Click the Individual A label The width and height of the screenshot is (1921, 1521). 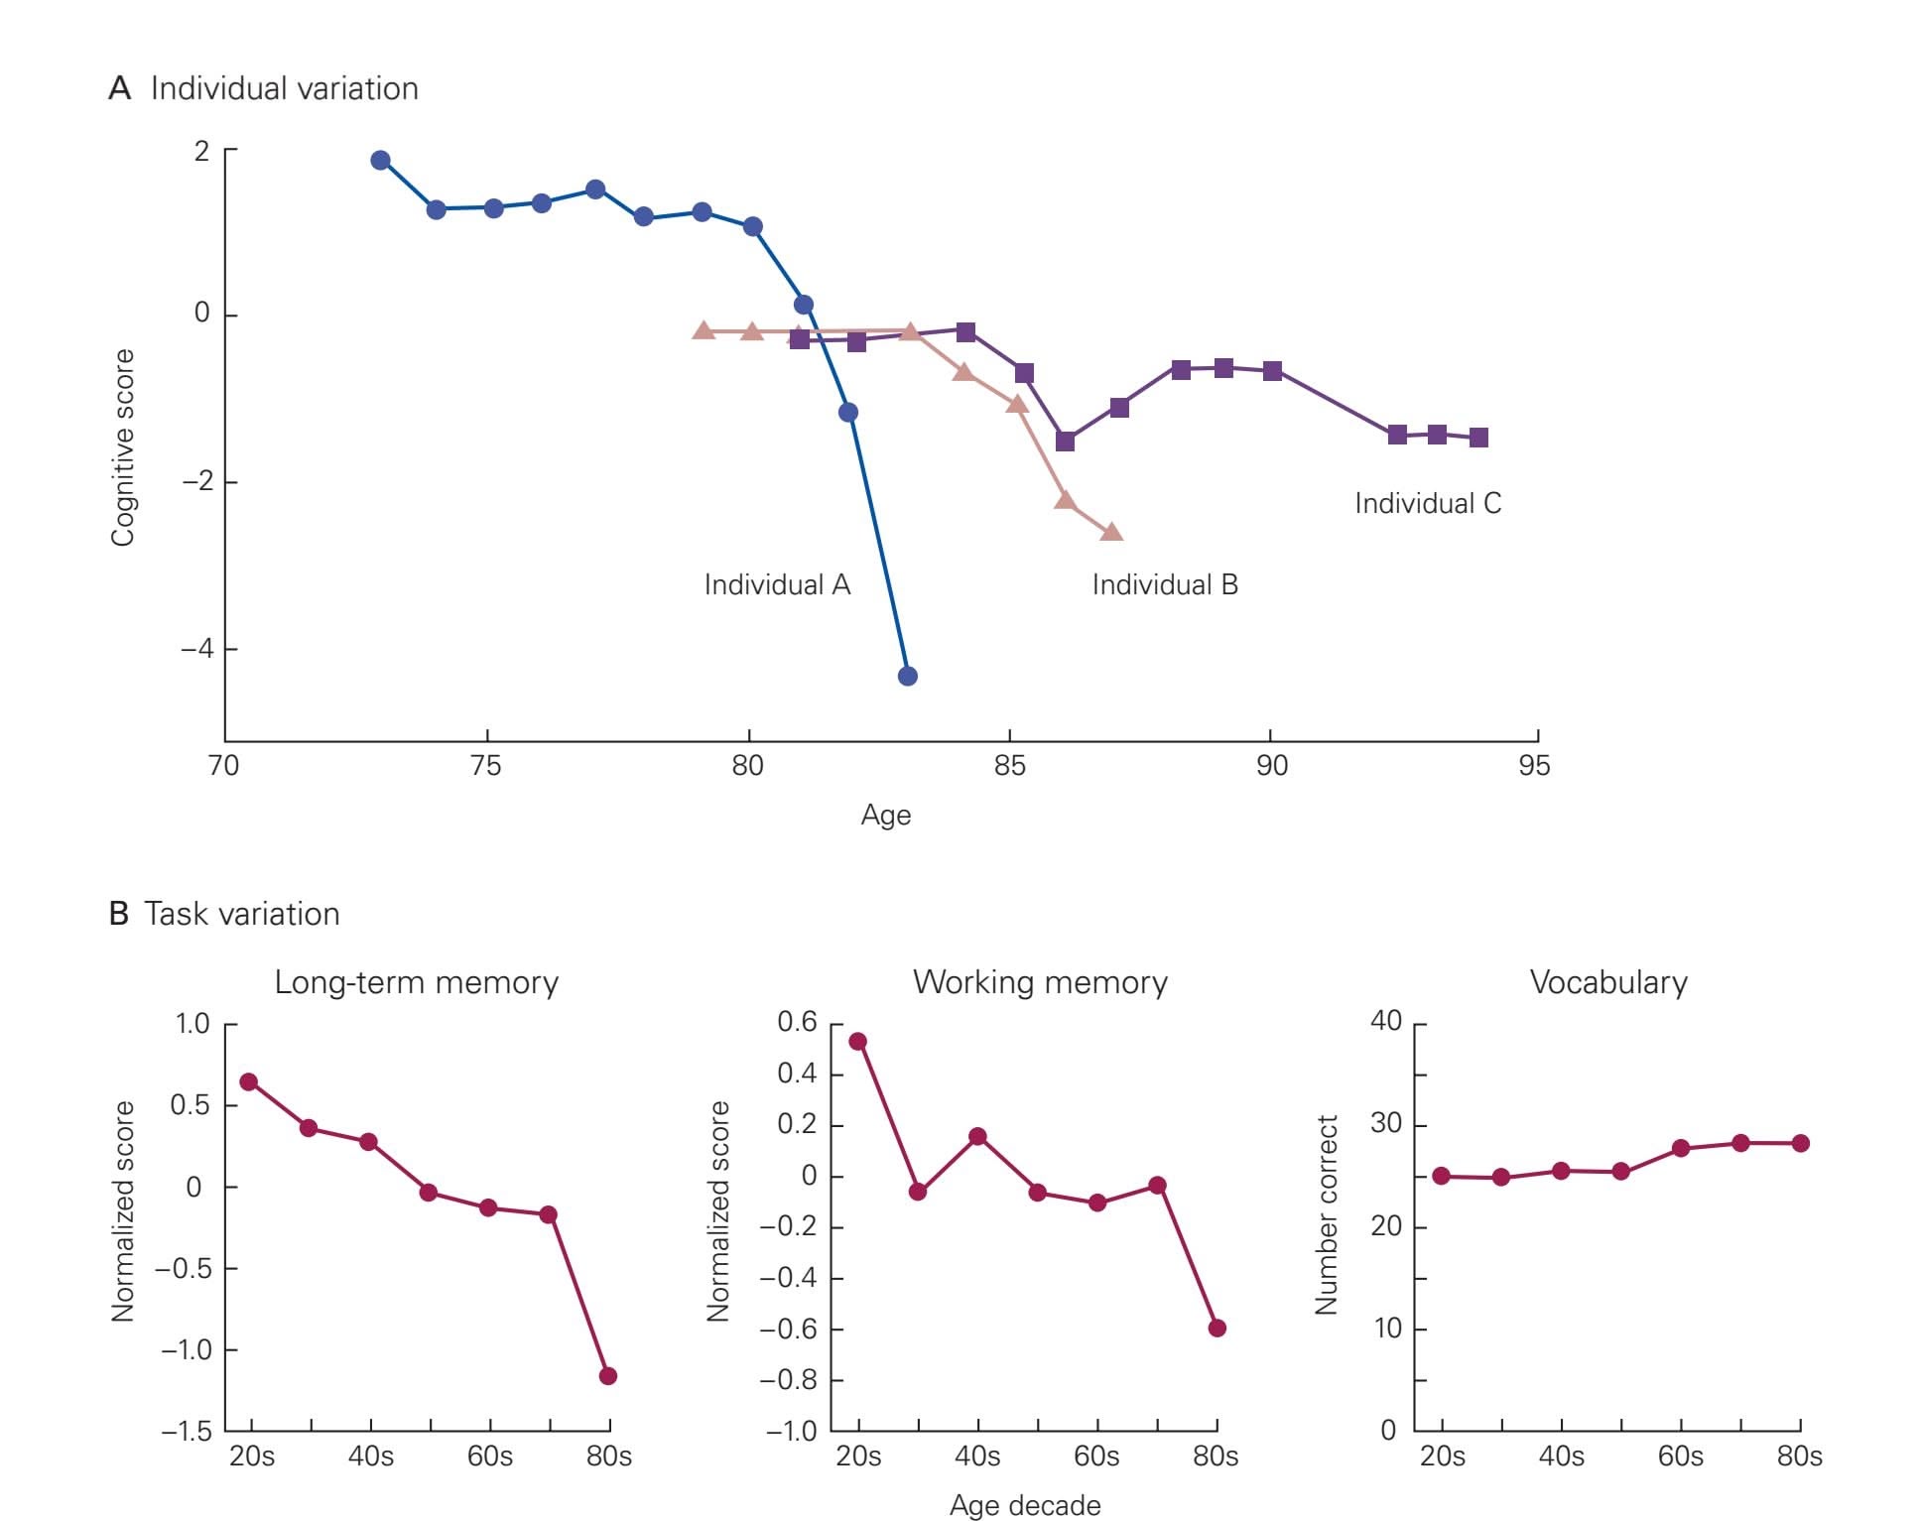pyautogui.click(x=777, y=585)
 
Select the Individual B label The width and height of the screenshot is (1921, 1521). pyautogui.click(x=1165, y=585)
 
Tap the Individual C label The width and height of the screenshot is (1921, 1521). pyautogui.click(x=1428, y=504)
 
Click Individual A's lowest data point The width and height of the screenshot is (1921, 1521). pyautogui.click(x=907, y=677)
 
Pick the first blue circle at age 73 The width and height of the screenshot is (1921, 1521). pyautogui.click(x=381, y=161)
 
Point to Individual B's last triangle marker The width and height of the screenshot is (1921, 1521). pyautogui.click(x=1111, y=533)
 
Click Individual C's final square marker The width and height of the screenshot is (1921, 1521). pyautogui.click(x=1478, y=438)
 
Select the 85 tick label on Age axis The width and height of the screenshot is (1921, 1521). pyautogui.click(x=1009, y=766)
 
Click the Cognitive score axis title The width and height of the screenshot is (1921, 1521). pyautogui.click(x=122, y=447)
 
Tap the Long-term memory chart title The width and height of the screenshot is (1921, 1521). pyautogui.click(x=416, y=982)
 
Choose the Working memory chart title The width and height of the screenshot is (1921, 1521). pyautogui.click(x=1040, y=982)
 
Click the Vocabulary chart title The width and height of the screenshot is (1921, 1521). pyautogui.click(x=1608, y=982)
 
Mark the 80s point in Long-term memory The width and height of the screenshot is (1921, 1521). pyautogui.click(x=608, y=1376)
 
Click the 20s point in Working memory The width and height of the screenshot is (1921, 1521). pyautogui.click(x=858, y=1042)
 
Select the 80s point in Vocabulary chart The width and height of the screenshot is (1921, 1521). pyautogui.click(x=1801, y=1143)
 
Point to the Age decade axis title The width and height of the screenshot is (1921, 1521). pyautogui.click(x=1025, y=1505)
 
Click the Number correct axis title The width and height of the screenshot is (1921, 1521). pyautogui.click(x=1327, y=1215)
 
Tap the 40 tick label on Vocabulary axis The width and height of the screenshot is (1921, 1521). pyautogui.click(x=1386, y=1021)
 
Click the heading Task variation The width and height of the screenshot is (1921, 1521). pyautogui.click(x=241, y=914)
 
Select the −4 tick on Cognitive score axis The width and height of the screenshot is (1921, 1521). pyautogui.click(x=196, y=649)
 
